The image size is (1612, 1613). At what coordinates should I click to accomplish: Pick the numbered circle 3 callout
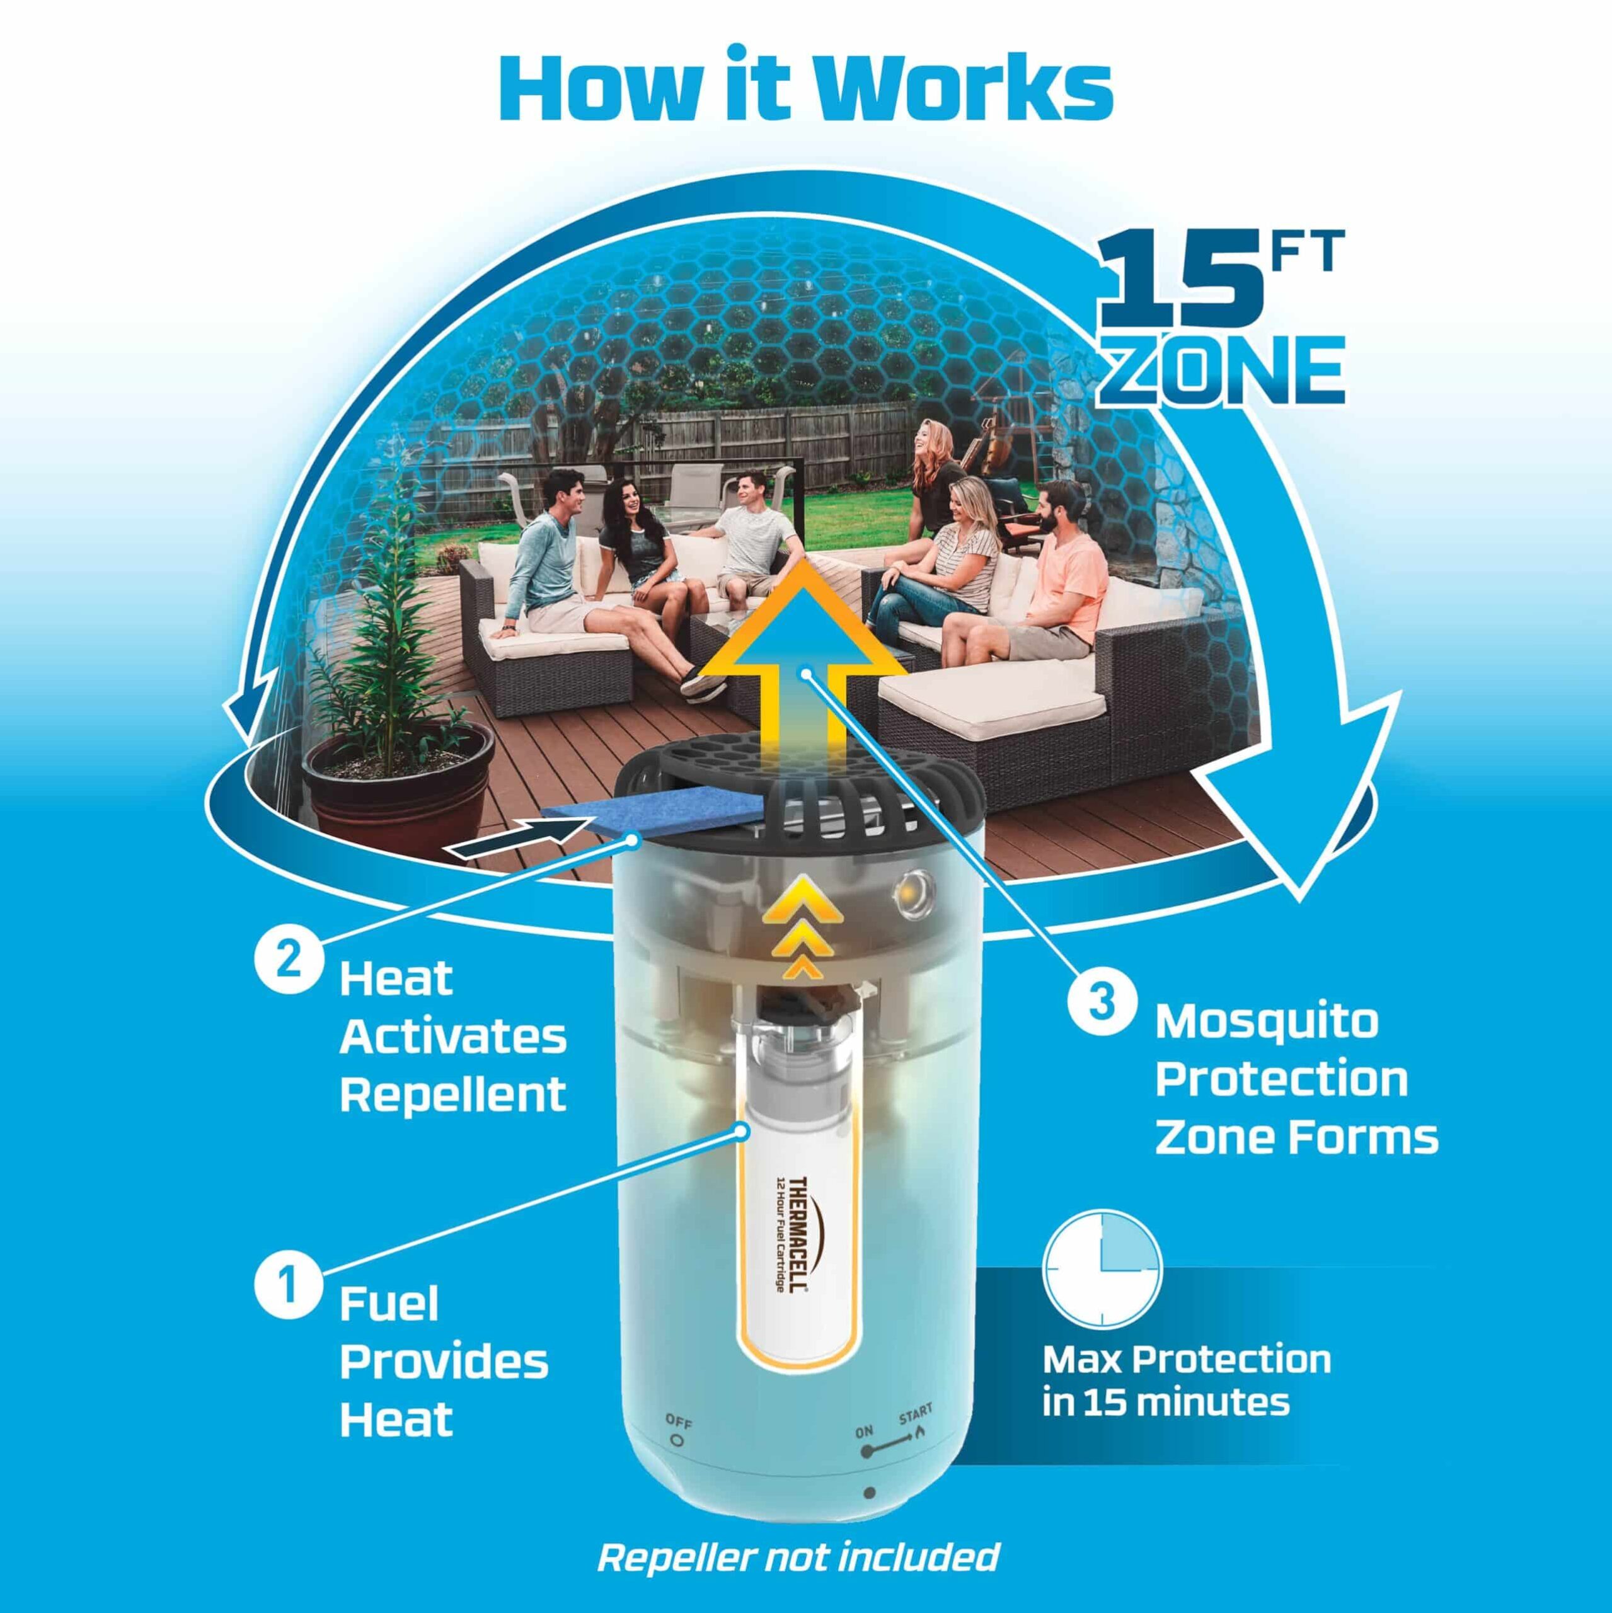[1102, 1002]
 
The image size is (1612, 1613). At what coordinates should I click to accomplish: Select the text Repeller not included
[798, 1556]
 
